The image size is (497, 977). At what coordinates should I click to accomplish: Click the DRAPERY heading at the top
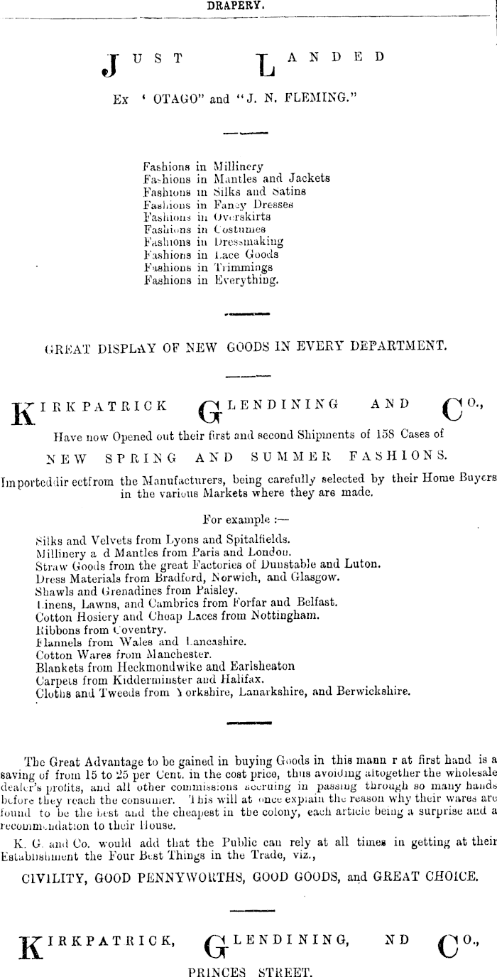pyautogui.click(x=236, y=5)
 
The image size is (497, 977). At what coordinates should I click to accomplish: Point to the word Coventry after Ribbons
pyautogui.click(x=138, y=628)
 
